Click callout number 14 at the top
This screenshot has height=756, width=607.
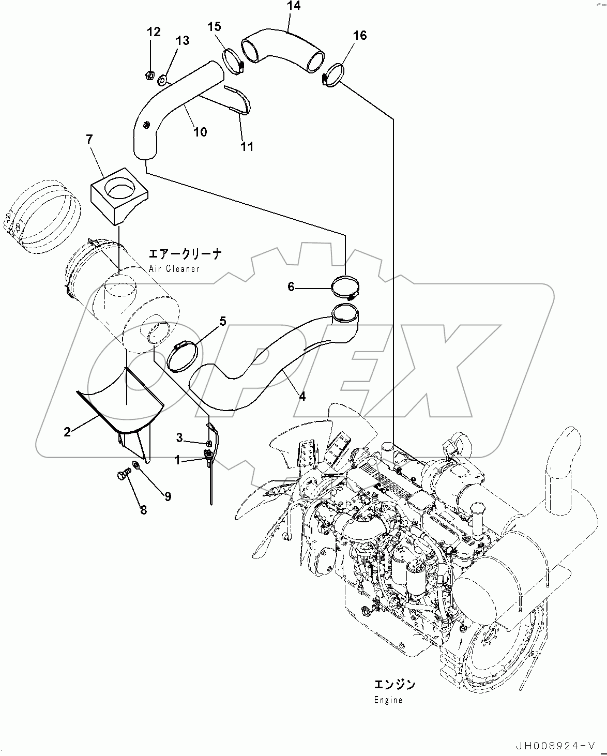point(293,6)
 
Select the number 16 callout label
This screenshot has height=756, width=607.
point(360,35)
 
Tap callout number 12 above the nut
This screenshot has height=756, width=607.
point(154,32)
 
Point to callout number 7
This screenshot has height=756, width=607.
point(89,139)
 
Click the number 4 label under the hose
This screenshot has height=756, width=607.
point(302,397)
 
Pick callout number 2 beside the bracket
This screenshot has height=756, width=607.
point(67,432)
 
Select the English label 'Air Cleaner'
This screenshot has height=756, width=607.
point(174,269)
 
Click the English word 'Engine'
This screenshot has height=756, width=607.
point(388,700)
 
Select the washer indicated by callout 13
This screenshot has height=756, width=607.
point(162,80)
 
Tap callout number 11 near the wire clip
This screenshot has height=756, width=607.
point(247,147)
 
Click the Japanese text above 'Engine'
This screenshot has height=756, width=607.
point(394,685)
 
